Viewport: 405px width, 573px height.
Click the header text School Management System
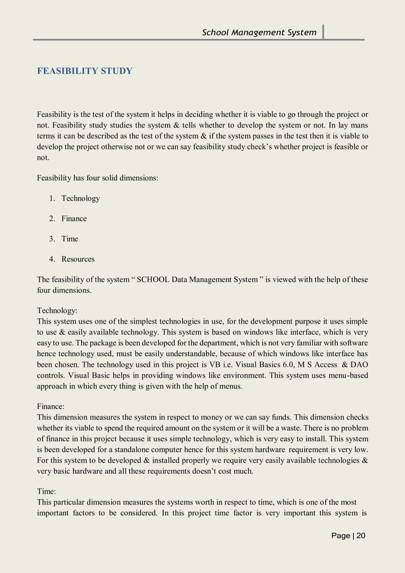click(x=259, y=32)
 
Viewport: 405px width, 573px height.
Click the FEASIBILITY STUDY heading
click(x=84, y=70)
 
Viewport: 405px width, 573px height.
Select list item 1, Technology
click(x=81, y=199)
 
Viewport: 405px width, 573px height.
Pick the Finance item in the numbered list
click(x=74, y=219)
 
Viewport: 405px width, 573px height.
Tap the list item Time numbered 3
click(x=70, y=239)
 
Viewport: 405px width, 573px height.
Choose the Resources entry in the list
click(x=78, y=260)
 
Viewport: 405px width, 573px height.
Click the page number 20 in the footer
click(x=361, y=536)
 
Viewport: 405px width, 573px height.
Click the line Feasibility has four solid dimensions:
click(x=97, y=178)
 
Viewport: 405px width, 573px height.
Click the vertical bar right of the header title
click(x=323, y=32)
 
